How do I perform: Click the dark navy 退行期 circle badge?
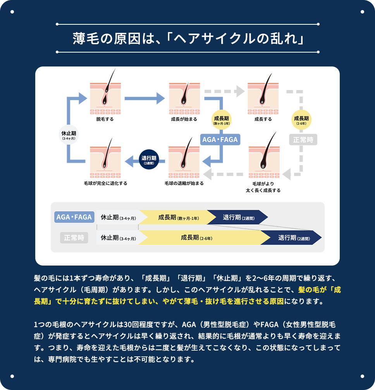[x=149, y=160]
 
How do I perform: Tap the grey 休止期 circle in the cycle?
[x=69, y=135]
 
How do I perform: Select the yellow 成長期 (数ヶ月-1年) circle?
[x=222, y=120]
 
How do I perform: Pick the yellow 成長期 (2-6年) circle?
[x=301, y=120]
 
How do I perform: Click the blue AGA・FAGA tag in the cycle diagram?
[x=220, y=140]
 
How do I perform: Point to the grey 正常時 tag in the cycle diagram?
[x=303, y=140]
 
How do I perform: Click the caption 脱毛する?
[x=105, y=119]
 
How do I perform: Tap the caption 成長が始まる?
[x=184, y=119]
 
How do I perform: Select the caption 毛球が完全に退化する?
[x=105, y=183]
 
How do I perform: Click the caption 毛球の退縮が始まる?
[x=184, y=183]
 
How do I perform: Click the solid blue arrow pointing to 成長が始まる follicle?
[x=144, y=99]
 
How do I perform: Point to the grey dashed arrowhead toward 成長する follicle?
[x=240, y=91]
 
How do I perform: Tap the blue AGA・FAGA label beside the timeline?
[x=74, y=217]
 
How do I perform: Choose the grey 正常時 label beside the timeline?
[x=74, y=238]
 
